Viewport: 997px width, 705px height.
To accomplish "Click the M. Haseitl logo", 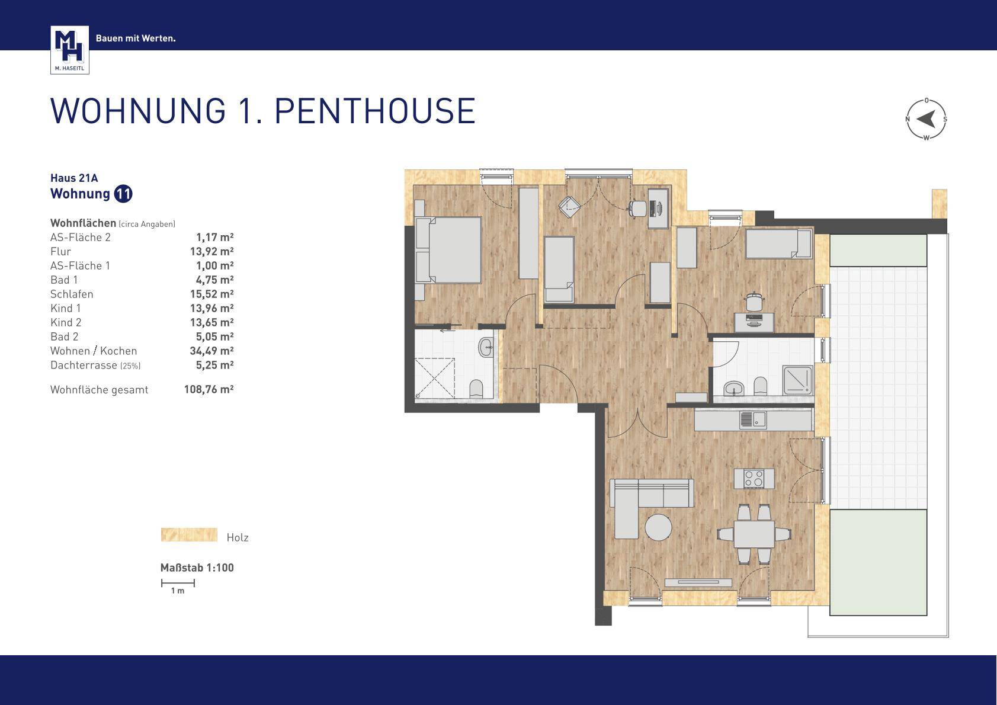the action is (70, 50).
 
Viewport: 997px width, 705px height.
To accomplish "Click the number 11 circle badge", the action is (123, 194).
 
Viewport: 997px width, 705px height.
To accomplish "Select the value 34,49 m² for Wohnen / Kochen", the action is (212, 351).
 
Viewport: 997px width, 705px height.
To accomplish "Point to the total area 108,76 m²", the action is (209, 389).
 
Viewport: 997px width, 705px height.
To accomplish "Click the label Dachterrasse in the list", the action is (84, 365).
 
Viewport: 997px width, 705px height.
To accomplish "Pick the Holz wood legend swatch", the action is (189, 534).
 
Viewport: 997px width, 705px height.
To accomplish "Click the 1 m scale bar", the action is (178, 582).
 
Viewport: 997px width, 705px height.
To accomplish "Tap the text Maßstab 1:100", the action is (197, 568).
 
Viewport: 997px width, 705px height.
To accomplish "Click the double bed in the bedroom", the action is (448, 249).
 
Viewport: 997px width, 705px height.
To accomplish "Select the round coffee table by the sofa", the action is (658, 527).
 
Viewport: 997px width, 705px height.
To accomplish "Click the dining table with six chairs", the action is (754, 534).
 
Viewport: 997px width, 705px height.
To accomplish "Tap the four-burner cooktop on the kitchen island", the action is (754, 479).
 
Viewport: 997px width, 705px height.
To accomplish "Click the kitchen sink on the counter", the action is (753, 419).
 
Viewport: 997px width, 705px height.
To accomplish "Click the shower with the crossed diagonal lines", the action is (435, 378).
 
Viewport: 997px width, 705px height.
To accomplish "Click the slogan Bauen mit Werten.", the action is (136, 39).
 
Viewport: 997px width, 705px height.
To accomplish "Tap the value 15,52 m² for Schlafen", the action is (212, 294).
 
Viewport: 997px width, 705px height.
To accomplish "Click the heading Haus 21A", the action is (74, 178).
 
